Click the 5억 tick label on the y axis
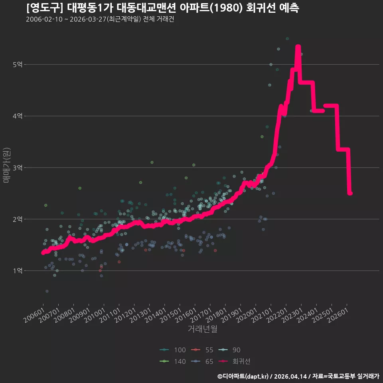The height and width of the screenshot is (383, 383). [x=18, y=65]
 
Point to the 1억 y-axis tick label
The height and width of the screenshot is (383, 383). [x=18, y=270]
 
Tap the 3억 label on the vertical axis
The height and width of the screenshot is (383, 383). [x=18, y=168]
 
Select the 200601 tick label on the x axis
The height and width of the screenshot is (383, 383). [x=34, y=315]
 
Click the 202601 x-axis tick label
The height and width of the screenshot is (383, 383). [x=338, y=315]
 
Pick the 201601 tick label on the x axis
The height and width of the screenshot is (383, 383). [x=186, y=315]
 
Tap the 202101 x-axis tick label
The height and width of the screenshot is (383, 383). [x=262, y=315]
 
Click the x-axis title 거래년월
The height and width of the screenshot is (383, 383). [x=203, y=329]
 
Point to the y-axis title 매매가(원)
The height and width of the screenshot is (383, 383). [x=6, y=165]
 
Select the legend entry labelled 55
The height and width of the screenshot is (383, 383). [x=202, y=350]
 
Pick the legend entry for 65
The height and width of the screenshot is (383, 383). [x=202, y=361]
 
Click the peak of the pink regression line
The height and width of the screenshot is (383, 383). [x=298, y=46]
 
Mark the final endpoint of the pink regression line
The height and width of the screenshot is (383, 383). [x=350, y=193]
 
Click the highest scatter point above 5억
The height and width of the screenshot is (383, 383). [x=287, y=39]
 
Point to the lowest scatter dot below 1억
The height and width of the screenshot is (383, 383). [x=47, y=291]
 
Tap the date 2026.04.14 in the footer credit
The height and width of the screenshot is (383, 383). [x=291, y=376]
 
